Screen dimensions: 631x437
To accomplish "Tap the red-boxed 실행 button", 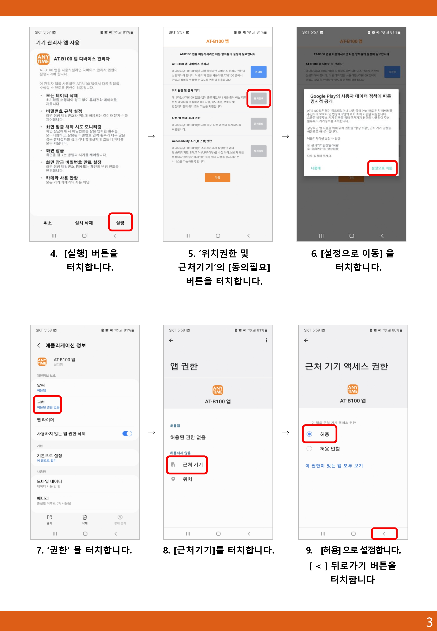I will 120,223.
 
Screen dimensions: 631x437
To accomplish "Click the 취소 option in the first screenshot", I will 48,223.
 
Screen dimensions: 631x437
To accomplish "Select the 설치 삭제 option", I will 84,223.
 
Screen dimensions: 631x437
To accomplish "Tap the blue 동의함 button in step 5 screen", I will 259,72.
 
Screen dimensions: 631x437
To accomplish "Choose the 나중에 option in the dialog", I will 316,168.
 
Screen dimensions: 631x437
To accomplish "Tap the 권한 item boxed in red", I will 48,404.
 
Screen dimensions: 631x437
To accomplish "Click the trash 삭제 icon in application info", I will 85,519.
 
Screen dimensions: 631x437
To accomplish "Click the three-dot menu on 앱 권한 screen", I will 266,340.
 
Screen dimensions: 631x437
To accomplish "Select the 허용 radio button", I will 309,434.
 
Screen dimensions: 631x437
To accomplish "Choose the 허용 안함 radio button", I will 309,448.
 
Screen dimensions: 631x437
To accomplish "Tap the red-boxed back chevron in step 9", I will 384,534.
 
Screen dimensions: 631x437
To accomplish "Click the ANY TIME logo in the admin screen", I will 43,59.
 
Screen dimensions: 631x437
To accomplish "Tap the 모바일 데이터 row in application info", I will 50,483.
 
